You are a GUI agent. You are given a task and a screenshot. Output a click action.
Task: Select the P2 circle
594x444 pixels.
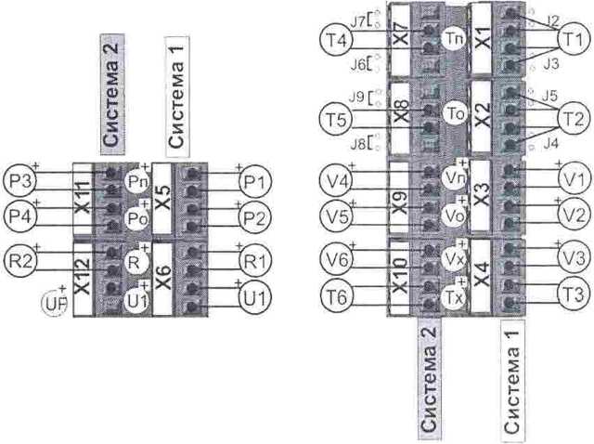[x=254, y=217]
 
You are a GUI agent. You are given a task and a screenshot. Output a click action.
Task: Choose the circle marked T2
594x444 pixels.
[x=573, y=120]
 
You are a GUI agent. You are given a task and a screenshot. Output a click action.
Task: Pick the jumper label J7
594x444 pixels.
[x=359, y=19]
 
